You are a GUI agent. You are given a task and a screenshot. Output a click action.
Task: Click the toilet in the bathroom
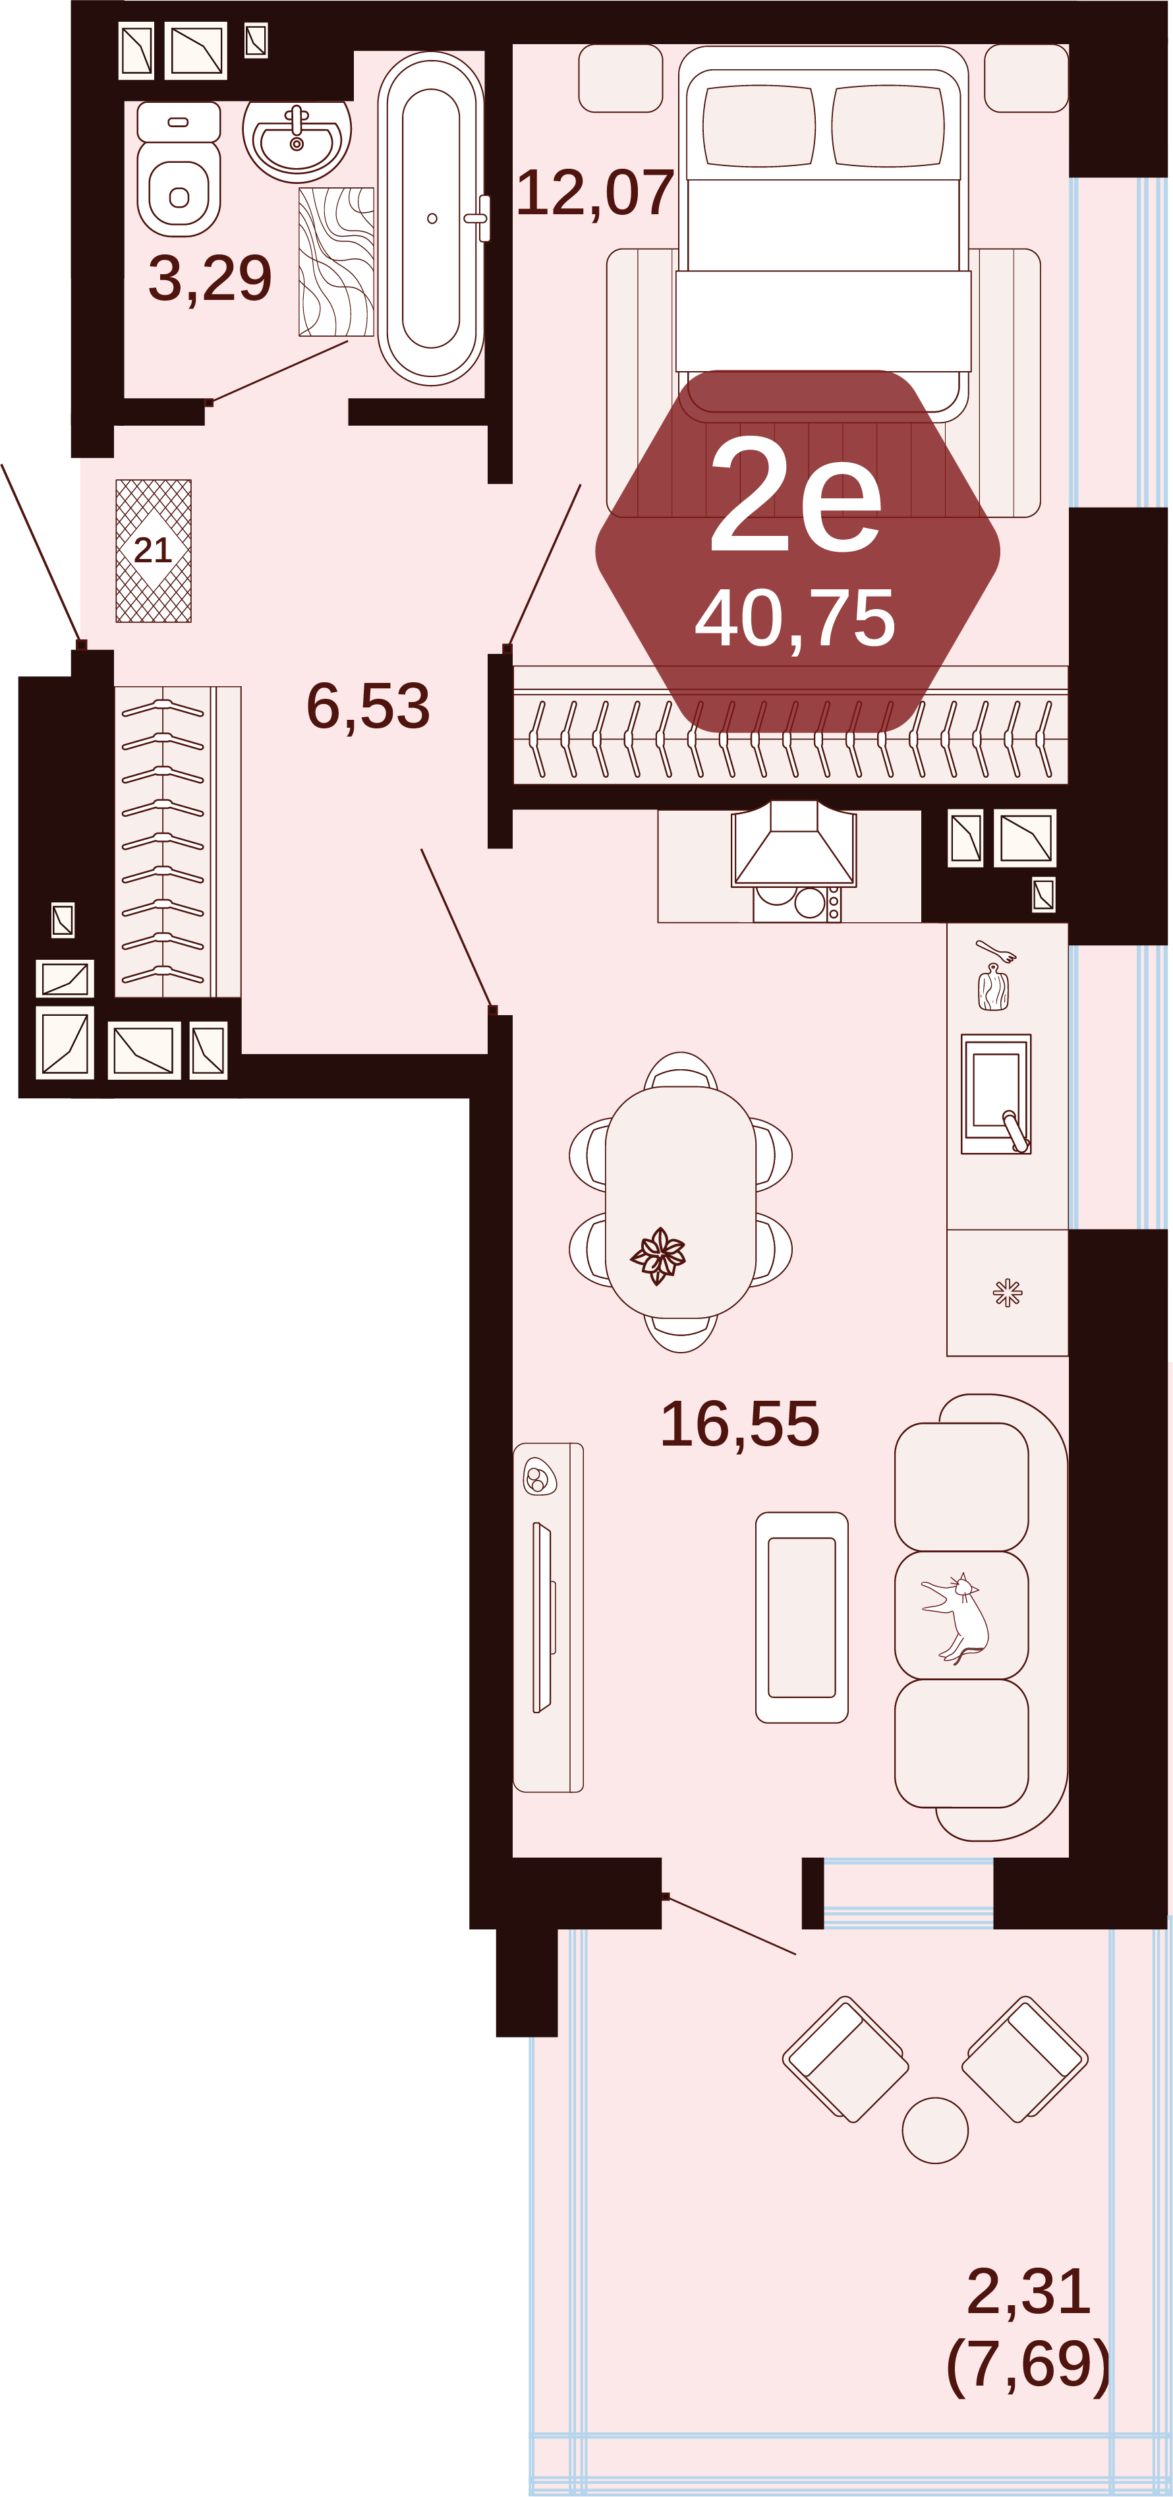pos(179,169)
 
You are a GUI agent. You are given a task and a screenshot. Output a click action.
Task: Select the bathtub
pos(432,218)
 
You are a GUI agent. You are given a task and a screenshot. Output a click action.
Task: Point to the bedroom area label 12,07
pos(594,193)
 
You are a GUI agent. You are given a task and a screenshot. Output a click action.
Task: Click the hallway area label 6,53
pos(368,706)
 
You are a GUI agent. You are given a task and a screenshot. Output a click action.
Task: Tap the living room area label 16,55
pos(739,1424)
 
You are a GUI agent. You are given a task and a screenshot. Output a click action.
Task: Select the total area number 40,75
pos(795,618)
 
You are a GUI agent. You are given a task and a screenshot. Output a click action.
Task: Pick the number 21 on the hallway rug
pos(152,550)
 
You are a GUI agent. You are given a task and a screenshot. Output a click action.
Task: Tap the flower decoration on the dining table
pos(658,1255)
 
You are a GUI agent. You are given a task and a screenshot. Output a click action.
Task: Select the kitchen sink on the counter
pos(996,1094)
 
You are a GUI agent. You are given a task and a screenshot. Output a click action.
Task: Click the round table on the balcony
pos(934,2130)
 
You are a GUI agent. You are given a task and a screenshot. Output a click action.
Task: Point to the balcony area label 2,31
pos(1029,2291)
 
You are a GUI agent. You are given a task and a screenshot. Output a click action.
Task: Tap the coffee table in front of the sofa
pos(802,1617)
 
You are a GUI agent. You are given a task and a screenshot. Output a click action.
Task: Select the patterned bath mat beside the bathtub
pos(336,262)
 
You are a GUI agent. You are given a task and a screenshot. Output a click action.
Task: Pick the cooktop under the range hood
pos(797,902)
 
